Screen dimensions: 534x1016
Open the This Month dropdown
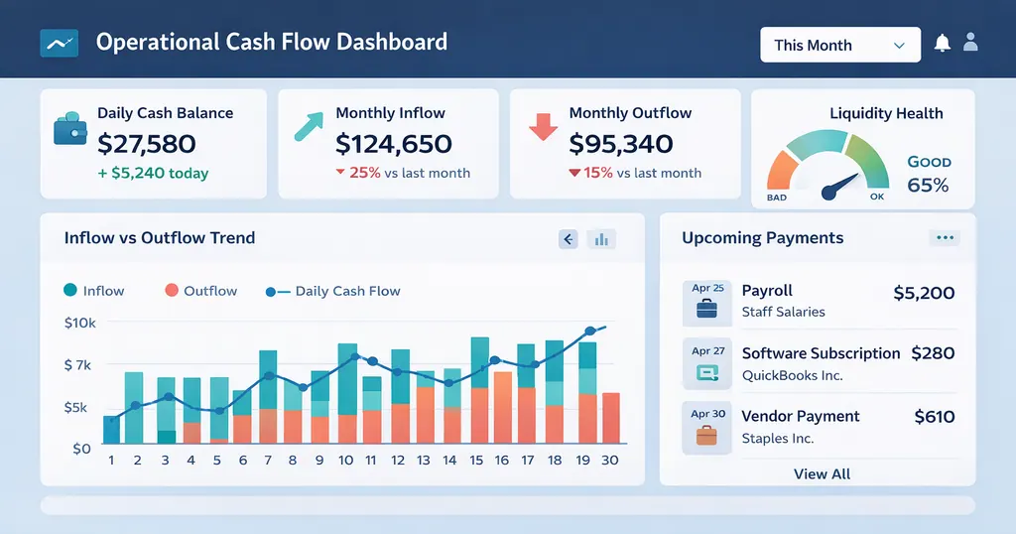(839, 45)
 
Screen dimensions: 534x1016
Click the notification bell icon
(942, 44)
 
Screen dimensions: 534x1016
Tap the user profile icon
(971, 43)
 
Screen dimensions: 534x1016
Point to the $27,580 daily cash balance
(147, 144)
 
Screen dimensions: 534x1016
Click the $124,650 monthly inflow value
(394, 144)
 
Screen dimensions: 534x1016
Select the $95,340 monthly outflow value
(621, 144)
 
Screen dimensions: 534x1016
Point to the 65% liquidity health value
(928, 185)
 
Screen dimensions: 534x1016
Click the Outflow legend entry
(200, 291)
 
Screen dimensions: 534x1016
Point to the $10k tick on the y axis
(79, 323)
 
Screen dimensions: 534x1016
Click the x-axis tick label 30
(610, 461)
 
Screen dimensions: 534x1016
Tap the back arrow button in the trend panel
(569, 238)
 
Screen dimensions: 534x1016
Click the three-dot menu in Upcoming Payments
(944, 238)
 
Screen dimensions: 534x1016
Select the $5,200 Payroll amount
(924, 293)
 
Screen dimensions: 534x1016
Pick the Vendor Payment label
(801, 416)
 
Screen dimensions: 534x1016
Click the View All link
(822, 473)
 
